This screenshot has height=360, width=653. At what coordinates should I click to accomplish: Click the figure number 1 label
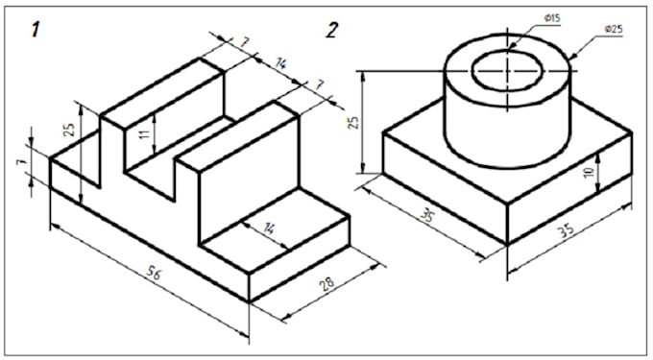pyautogui.click(x=36, y=31)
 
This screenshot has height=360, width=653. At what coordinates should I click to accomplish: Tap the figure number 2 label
pyautogui.click(x=332, y=31)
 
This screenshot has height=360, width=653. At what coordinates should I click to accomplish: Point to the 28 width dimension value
pyautogui.click(x=327, y=284)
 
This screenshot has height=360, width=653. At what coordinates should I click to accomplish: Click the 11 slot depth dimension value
pyautogui.click(x=144, y=134)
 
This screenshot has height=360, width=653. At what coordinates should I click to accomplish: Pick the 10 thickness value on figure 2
pyautogui.click(x=589, y=172)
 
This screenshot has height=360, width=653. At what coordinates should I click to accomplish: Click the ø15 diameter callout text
pyautogui.click(x=552, y=18)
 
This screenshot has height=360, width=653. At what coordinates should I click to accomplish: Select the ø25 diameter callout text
pyautogui.click(x=614, y=30)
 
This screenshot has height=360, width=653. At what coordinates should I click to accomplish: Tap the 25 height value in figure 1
pyautogui.click(x=70, y=130)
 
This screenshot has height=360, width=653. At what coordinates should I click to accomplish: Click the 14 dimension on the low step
pyautogui.click(x=270, y=228)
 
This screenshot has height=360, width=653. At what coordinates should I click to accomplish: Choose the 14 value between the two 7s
pyautogui.click(x=281, y=63)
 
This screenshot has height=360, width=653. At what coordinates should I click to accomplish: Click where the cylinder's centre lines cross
pyautogui.click(x=507, y=71)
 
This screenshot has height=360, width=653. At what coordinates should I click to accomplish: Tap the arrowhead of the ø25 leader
pyautogui.click(x=573, y=57)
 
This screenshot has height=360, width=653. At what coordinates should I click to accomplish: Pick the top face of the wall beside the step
pyautogui.click(x=237, y=135)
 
